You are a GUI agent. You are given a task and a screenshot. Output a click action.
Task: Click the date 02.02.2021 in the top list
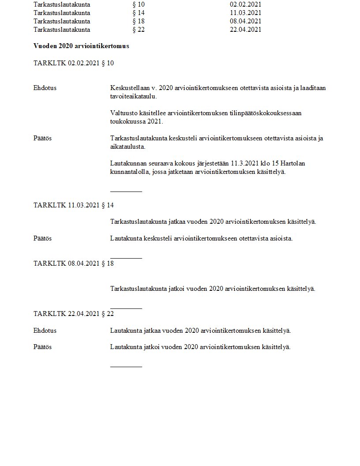(x=246, y=4)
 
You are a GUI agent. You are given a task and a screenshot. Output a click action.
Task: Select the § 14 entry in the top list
(x=139, y=13)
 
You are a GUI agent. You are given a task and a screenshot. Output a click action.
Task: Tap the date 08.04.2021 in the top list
(x=246, y=21)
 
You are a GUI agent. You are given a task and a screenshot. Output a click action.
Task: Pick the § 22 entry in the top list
(x=139, y=30)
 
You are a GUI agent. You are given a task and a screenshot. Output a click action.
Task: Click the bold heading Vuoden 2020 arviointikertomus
(x=81, y=46)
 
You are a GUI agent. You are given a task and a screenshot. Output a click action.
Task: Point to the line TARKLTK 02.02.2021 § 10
(x=74, y=63)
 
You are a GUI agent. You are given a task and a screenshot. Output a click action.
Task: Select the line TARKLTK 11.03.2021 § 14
(x=74, y=205)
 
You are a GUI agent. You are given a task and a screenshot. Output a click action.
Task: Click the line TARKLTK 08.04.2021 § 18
(x=74, y=263)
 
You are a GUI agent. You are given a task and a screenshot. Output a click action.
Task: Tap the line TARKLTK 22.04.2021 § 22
(x=74, y=314)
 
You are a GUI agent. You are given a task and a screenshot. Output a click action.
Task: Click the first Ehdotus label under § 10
(x=45, y=88)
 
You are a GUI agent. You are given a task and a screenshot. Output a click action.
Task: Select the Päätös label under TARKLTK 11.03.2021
(x=43, y=238)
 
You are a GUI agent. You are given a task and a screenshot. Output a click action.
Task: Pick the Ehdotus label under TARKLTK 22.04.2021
(x=45, y=331)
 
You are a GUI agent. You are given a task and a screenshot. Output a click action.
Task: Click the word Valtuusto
(x=124, y=113)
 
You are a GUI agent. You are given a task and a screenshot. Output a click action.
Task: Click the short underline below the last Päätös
(x=126, y=366)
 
